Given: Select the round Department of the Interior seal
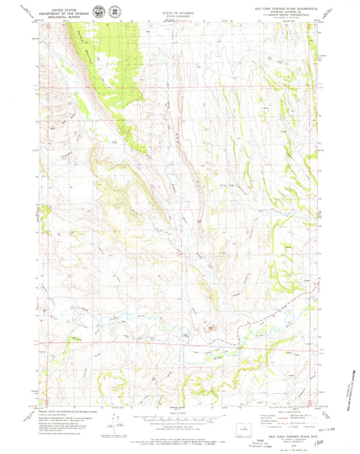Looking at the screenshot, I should [x=100, y=11].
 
